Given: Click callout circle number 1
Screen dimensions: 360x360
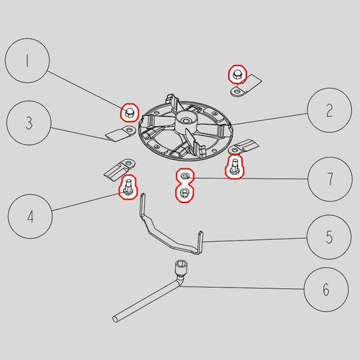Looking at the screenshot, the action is point(27,60).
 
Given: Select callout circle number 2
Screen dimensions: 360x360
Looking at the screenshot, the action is point(330,110).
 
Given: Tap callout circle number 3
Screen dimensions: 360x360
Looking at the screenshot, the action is point(29,123).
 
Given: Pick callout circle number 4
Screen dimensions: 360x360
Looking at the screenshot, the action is point(30,216).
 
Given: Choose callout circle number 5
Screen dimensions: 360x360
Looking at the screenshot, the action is point(329,237).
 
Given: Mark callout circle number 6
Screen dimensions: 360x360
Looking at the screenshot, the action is point(326,289).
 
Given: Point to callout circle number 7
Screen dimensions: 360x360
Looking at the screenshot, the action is point(330,179).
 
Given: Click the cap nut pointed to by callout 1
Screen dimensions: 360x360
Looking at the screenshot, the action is point(130,112).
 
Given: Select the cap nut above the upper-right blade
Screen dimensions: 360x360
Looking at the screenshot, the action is point(237,74).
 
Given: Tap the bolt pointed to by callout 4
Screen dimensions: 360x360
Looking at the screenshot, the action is point(128,187).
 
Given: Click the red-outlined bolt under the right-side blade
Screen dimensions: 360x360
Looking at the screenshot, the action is point(234,167).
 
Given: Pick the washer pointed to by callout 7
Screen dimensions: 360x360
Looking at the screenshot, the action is point(185,176).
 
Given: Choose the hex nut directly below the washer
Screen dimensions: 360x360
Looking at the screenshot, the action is point(185,193).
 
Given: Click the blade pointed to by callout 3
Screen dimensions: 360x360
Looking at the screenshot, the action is point(120,133).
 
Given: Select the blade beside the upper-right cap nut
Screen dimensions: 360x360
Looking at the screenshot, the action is point(247,86).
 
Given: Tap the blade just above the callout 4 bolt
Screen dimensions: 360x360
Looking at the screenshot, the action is point(120,168).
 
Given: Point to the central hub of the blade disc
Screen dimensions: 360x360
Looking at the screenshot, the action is point(186,121).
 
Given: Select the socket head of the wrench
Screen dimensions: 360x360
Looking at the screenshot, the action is point(181,267).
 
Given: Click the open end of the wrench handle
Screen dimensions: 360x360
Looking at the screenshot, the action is point(115,319).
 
